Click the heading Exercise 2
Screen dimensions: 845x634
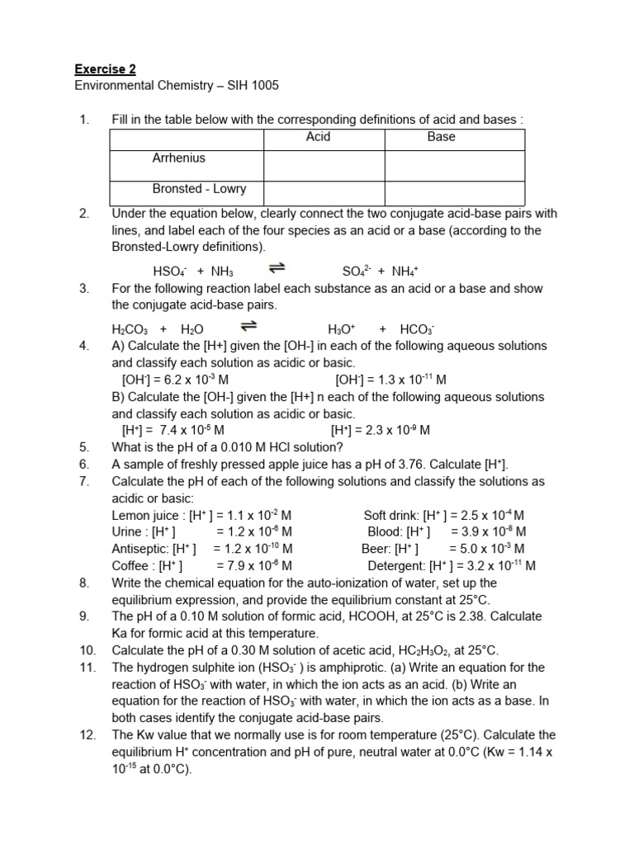point(105,68)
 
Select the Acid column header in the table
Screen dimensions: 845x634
point(318,137)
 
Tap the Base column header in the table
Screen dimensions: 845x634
point(441,137)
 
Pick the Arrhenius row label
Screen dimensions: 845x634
point(178,158)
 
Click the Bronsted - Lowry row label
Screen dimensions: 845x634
point(199,188)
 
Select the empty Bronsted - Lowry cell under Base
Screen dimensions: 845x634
point(454,191)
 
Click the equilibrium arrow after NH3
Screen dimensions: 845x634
point(278,268)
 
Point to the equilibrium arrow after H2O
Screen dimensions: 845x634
point(248,326)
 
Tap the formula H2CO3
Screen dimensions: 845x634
point(130,329)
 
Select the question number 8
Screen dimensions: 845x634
point(84,583)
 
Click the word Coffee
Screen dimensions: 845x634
point(130,565)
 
